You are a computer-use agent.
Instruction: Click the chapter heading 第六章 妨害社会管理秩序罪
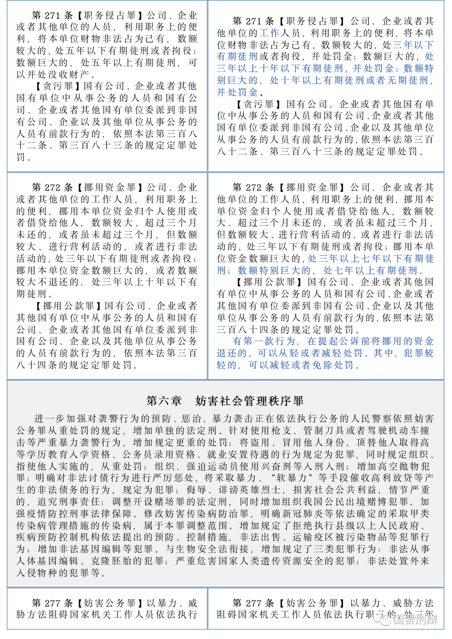(225, 401)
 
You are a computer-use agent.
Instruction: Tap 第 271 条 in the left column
(52, 15)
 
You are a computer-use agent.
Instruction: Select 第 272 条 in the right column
(253, 187)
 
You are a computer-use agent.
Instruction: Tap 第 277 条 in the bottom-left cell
(52, 603)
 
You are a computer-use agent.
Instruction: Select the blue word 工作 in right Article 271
(270, 33)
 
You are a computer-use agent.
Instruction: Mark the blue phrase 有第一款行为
(264, 341)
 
